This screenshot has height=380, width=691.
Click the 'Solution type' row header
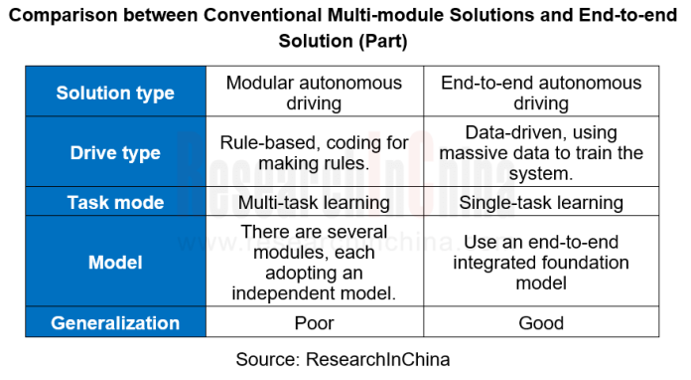[x=115, y=94]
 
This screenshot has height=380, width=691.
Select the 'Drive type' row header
[x=115, y=153]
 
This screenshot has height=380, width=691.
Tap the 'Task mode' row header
[x=115, y=202]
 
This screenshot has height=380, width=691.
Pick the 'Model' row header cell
[x=115, y=263]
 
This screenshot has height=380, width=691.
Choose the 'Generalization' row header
[x=115, y=323]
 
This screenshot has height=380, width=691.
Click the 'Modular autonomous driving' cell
[x=315, y=94]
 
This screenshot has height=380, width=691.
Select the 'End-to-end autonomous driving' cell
[x=541, y=94]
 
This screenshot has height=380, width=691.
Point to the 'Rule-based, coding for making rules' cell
[x=315, y=153]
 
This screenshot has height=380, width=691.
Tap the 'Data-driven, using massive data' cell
[x=541, y=153]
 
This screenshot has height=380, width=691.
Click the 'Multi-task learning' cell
[x=315, y=202]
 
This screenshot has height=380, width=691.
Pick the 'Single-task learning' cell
[x=541, y=202]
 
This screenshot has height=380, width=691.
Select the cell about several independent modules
[x=315, y=263]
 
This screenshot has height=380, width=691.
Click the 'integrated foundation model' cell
[x=541, y=263]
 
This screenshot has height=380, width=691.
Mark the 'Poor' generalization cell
[x=315, y=323]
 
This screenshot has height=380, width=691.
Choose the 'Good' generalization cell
[x=541, y=323]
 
